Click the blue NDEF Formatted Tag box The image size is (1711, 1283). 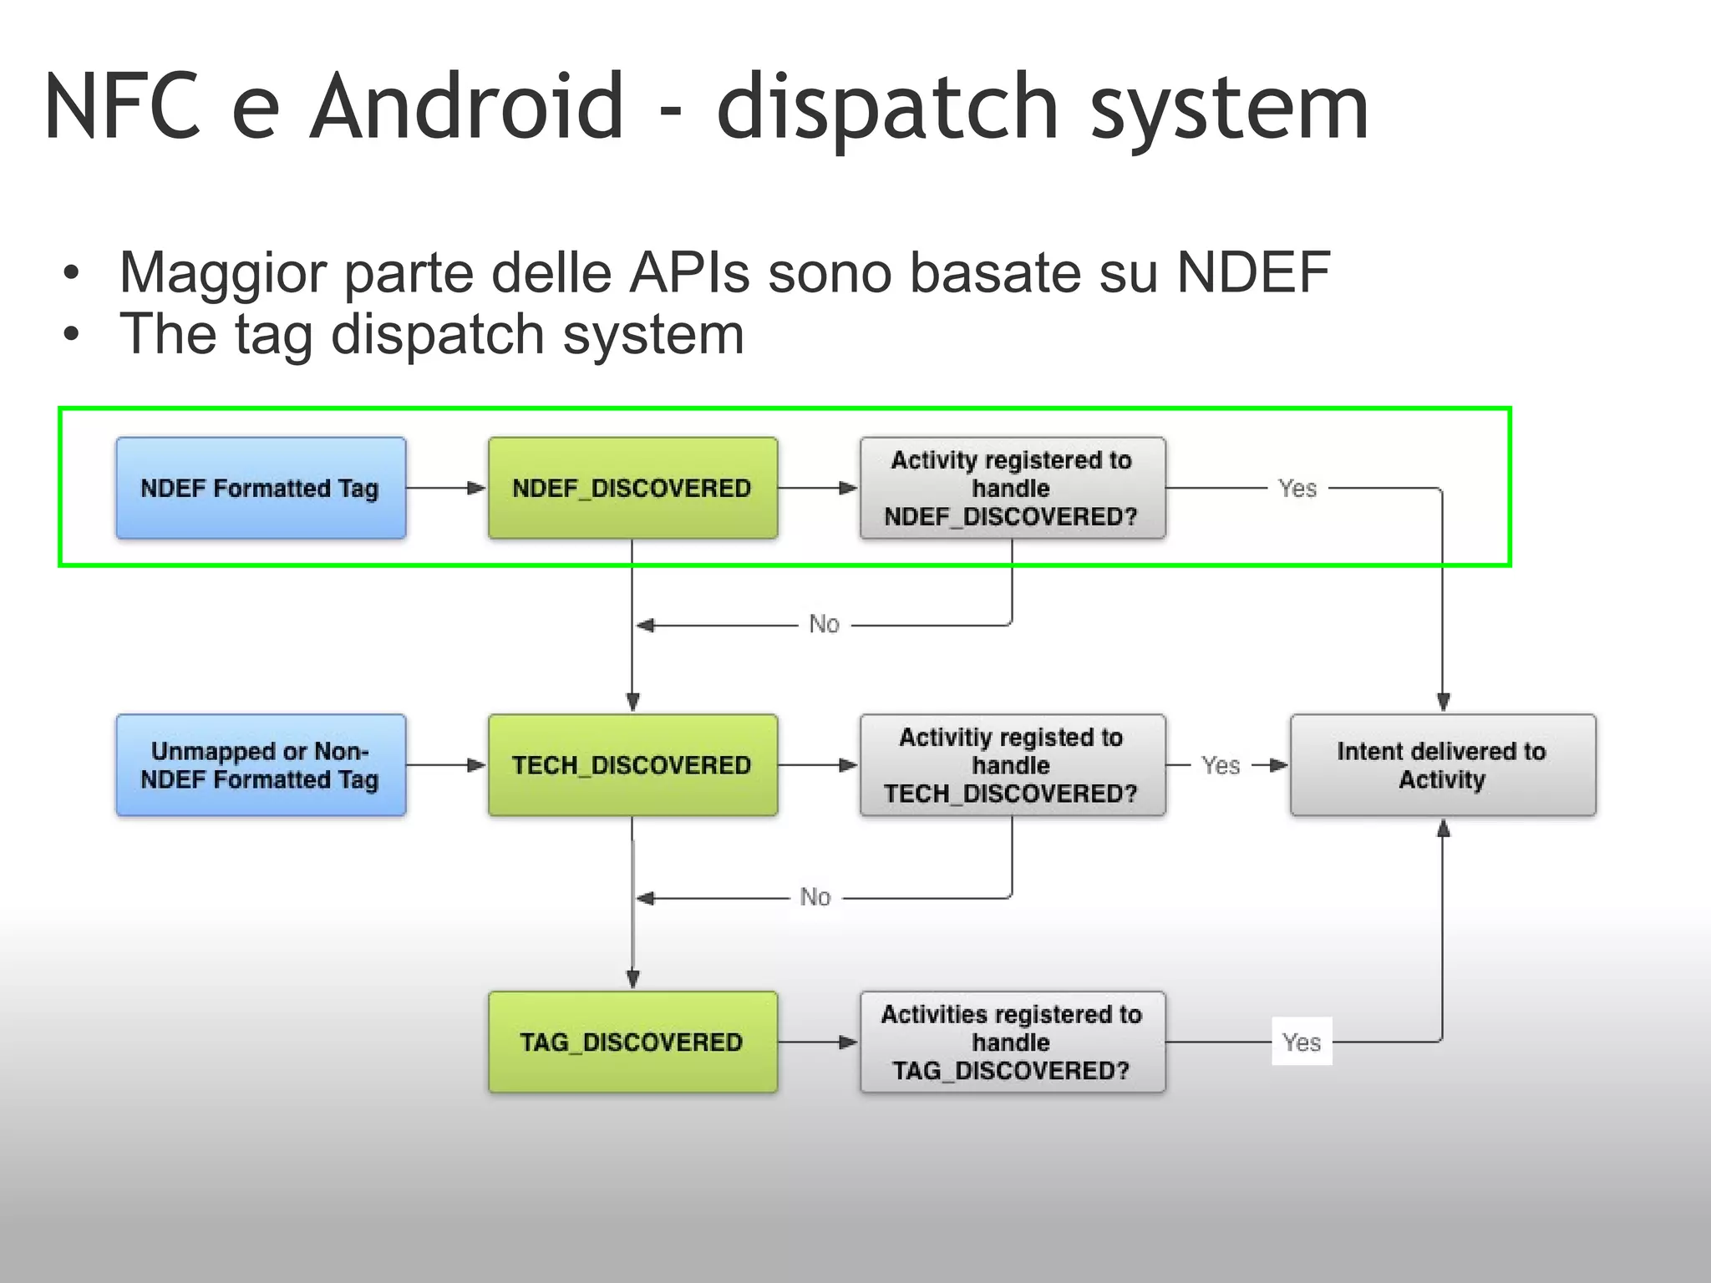point(261,488)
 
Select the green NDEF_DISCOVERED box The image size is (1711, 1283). point(632,488)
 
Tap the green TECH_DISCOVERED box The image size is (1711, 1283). point(632,765)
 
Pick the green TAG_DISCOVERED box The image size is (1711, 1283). point(632,1042)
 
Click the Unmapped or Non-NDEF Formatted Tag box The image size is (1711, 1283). point(261,765)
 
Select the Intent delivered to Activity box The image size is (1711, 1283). point(1442,765)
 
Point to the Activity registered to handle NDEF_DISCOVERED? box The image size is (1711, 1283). point(1012,488)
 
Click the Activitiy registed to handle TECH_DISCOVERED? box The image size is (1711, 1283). point(1012,765)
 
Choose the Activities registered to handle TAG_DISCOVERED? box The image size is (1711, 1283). point(1012,1042)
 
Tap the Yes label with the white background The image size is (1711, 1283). point(1302,1042)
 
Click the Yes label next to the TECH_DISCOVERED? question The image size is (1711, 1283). point(1221,765)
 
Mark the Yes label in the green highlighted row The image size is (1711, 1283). point(1297,488)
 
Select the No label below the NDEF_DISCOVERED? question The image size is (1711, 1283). point(824,624)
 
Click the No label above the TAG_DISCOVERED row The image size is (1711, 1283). point(815,897)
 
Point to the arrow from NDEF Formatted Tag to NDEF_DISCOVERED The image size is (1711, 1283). point(446,488)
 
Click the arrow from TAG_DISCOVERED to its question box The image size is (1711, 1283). point(818,1042)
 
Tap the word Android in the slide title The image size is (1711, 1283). point(466,107)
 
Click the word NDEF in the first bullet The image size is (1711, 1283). point(1252,272)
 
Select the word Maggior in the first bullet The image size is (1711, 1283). point(222,274)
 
